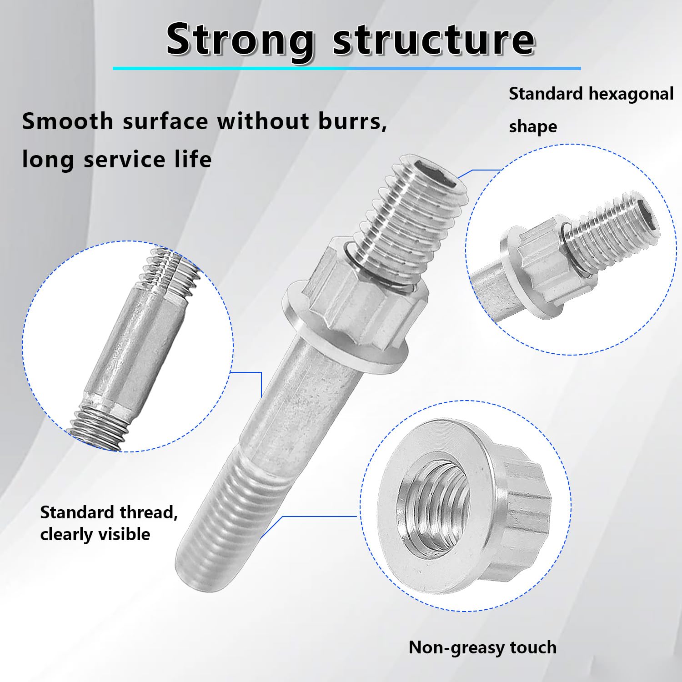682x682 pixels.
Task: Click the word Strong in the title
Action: tap(240, 41)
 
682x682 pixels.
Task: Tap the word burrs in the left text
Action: tap(352, 121)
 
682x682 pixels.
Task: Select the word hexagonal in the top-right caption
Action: tap(631, 94)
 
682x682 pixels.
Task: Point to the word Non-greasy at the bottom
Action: tap(450, 647)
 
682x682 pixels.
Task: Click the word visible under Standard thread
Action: tap(124, 534)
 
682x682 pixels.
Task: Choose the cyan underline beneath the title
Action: tap(346, 68)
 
